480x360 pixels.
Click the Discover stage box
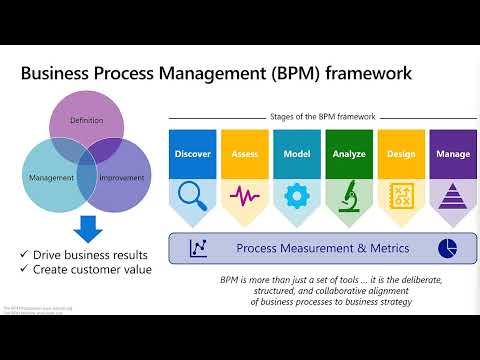[192, 155]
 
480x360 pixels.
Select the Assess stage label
[244, 155]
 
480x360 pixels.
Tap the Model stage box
[297, 155]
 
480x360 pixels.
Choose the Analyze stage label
[349, 155]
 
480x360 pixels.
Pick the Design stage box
[401, 155]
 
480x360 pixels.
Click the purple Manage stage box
[453, 155]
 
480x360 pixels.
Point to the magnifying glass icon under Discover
[191, 194]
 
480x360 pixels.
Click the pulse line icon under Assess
[244, 194]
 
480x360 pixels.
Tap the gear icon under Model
[297, 194]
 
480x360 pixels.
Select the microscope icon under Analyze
[349, 194]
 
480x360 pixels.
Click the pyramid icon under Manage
[453, 194]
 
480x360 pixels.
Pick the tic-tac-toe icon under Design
[401, 194]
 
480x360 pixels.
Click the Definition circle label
[86, 120]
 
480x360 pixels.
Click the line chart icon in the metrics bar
[198, 247]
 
